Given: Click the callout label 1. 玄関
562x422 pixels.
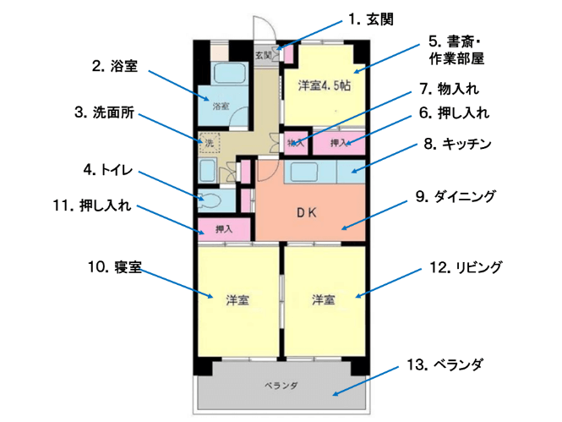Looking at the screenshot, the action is click(371, 19).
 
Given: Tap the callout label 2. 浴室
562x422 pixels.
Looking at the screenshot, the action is click(115, 66).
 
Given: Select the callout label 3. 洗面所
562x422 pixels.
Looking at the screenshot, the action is click(104, 112).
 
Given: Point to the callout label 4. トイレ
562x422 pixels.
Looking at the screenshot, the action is click(108, 170).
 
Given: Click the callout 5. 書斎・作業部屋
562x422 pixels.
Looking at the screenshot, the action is click(456, 50).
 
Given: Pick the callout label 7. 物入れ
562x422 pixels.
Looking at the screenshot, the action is click(449, 89).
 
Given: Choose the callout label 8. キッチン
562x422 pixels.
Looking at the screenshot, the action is click(457, 144).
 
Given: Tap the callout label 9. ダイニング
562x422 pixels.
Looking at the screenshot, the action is click(456, 196).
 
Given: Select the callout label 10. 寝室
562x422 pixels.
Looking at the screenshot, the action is click(115, 267).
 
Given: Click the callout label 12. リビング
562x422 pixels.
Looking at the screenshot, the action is click(466, 267).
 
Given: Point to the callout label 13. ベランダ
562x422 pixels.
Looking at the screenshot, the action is click(445, 364).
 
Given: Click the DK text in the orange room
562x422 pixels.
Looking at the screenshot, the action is click(307, 213).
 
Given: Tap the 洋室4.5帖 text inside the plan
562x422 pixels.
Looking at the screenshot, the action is click(325, 86).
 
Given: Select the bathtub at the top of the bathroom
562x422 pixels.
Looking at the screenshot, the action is click(230, 74).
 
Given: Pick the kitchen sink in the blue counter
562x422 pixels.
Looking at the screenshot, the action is click(304, 173).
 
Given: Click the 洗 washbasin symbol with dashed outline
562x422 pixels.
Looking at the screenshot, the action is click(210, 143).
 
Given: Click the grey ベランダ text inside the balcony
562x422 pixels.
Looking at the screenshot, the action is click(281, 386).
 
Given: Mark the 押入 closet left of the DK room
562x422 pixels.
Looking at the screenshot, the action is click(224, 229).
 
